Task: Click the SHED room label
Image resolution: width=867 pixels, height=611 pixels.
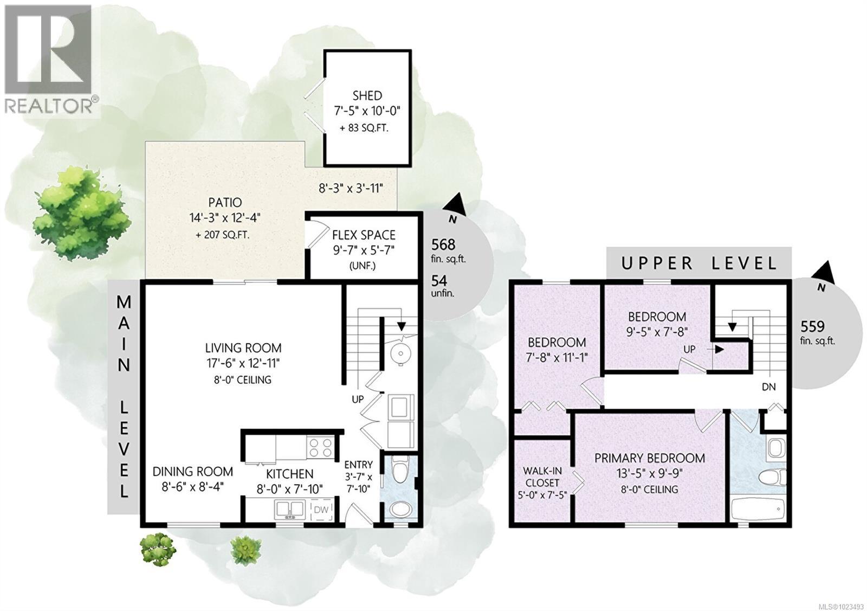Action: [x=367, y=96]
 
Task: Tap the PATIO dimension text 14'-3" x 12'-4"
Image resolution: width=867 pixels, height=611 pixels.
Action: [x=225, y=218]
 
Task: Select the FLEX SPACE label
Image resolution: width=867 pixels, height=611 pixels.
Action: [x=364, y=235]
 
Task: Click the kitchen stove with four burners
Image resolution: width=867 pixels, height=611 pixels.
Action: [x=320, y=448]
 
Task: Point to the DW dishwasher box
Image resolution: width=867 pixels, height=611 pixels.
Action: [x=321, y=510]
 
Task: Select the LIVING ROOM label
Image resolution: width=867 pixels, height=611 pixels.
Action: [x=243, y=348]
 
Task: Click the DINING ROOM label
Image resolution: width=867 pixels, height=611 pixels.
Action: [x=192, y=472]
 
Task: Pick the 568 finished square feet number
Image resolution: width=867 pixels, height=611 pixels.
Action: [x=443, y=245]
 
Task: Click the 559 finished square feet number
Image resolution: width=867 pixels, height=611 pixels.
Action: [x=812, y=326]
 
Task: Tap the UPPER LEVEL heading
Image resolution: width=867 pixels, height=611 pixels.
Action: [x=699, y=263]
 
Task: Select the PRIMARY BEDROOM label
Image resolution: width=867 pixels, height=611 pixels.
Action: [x=650, y=458]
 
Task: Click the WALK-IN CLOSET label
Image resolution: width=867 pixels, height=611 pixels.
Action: [x=541, y=477]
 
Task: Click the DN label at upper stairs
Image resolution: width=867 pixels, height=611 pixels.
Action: [x=768, y=387]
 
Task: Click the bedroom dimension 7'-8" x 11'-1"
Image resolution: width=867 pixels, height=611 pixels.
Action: [x=557, y=358]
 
